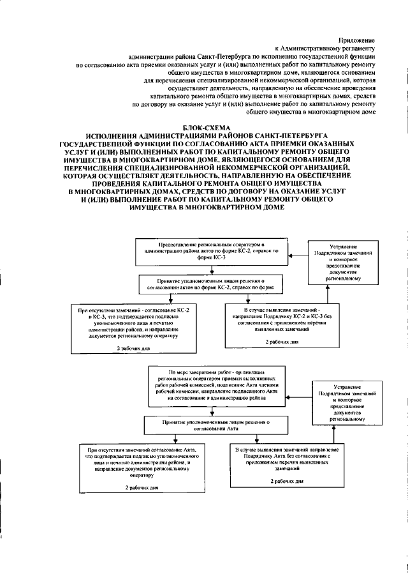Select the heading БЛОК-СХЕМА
click(203, 128)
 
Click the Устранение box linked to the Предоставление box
click(339, 262)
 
